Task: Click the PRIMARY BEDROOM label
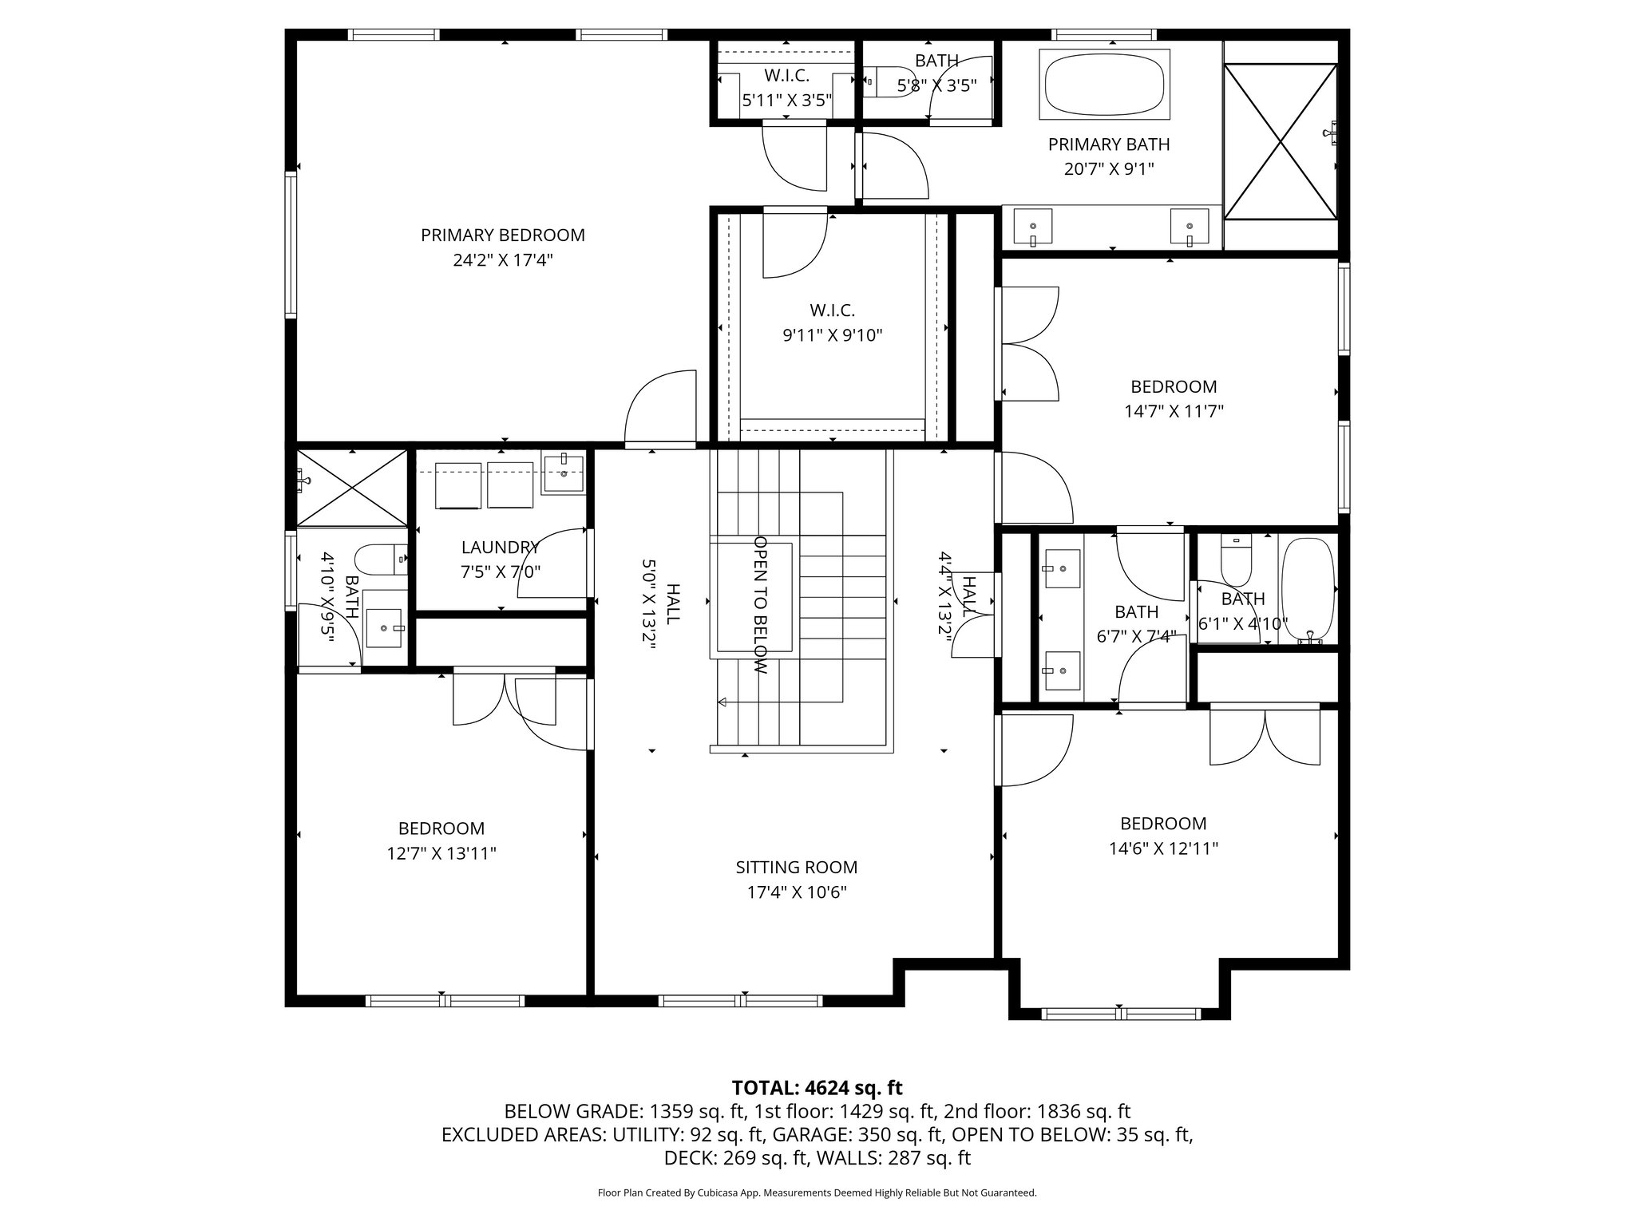[502, 235]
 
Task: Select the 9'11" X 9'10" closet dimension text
[833, 335]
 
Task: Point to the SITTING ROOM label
[796, 867]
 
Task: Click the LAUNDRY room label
[500, 548]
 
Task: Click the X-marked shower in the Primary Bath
[1280, 142]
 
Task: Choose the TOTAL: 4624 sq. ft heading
[817, 1087]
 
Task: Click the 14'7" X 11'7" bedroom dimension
[1174, 411]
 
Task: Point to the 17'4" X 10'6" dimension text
[796, 892]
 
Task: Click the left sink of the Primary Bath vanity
[1032, 227]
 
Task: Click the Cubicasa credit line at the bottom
[817, 1192]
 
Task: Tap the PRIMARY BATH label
[1108, 144]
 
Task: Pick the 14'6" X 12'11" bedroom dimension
[1162, 848]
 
